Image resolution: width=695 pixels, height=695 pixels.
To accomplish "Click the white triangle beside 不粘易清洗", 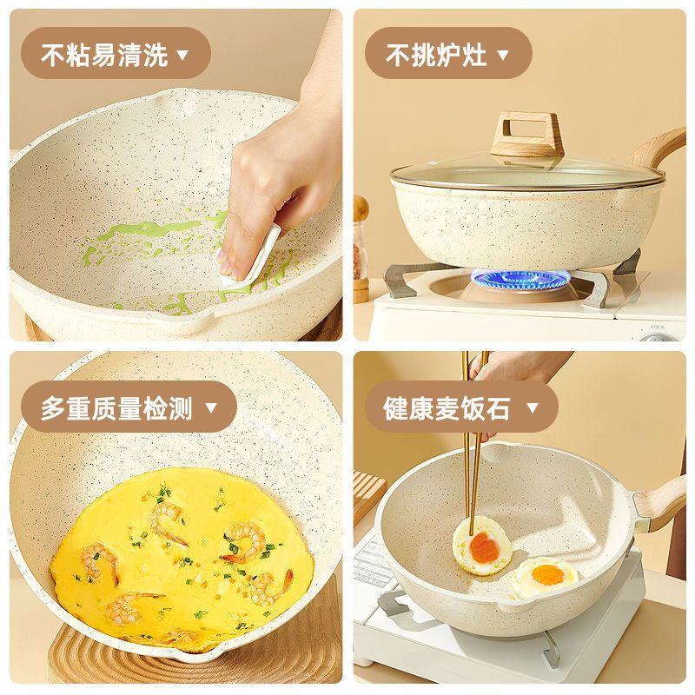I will tap(182, 56).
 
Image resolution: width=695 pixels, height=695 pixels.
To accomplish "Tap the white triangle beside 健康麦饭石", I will tap(528, 407).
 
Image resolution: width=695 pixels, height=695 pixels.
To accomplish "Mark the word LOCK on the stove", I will tap(657, 328).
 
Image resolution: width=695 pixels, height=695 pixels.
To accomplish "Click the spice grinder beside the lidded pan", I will tap(360, 217).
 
